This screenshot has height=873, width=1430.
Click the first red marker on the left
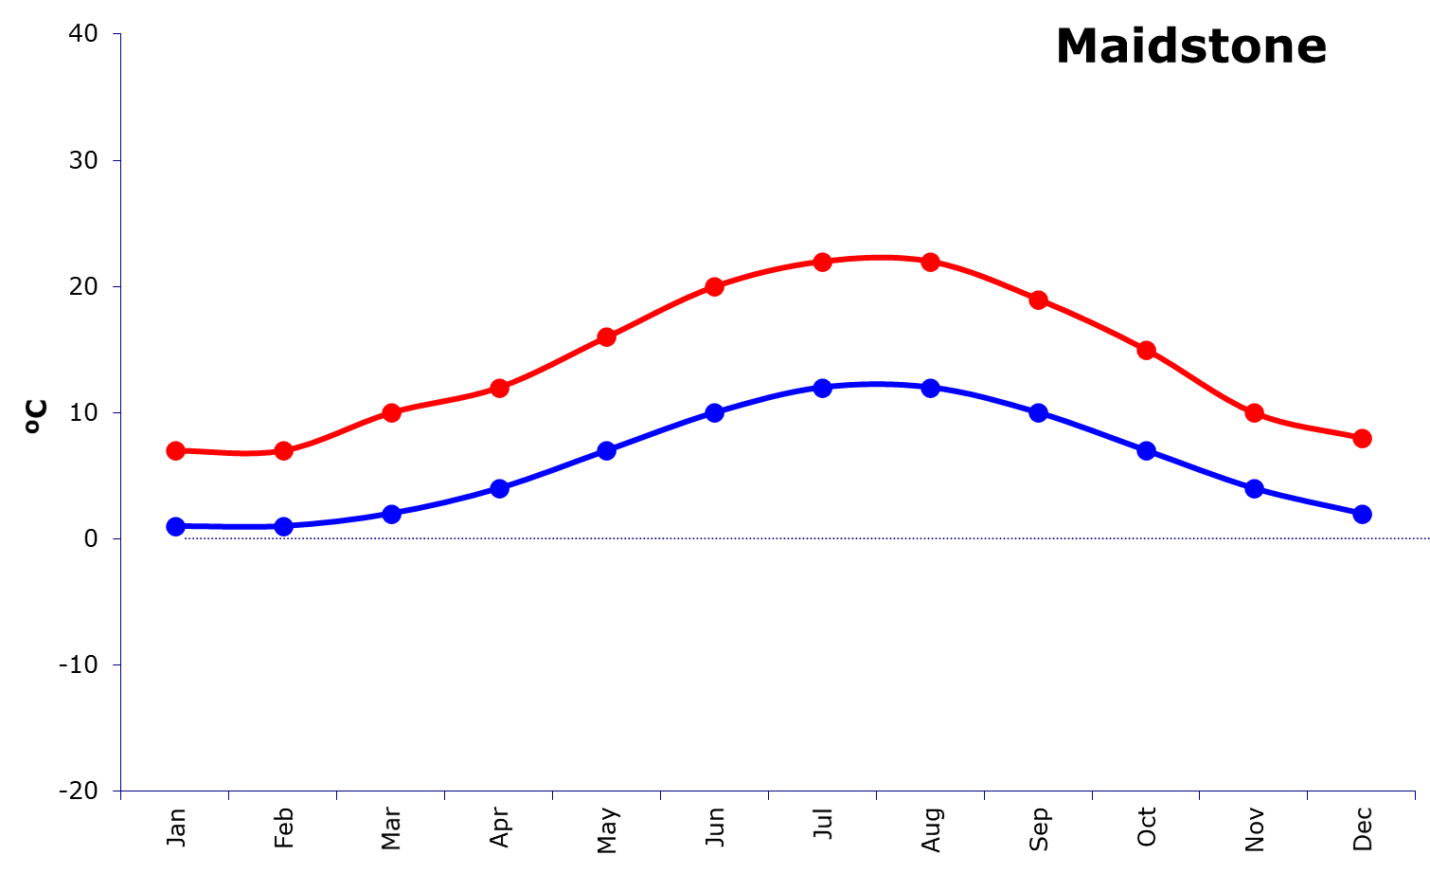175,450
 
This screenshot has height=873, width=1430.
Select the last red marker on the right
1362,438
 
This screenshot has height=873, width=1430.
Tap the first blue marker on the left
175,526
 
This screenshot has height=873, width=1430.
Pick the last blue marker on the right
1362,514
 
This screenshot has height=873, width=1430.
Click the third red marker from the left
391,412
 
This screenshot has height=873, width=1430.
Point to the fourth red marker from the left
499,388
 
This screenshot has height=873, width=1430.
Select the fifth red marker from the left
607,336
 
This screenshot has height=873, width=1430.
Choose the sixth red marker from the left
715,286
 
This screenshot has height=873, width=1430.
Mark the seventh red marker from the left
823,262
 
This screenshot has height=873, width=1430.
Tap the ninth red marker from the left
1039,300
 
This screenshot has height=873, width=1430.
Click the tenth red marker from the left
1147,350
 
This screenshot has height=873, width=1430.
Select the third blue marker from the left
391,514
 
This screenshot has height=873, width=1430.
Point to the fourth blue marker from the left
499,488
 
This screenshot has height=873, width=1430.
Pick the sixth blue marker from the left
715,412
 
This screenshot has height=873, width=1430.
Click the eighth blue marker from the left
931,388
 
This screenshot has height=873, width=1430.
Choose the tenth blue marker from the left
1147,450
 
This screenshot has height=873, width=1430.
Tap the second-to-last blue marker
1255,488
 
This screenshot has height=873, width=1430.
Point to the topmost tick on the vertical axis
116,35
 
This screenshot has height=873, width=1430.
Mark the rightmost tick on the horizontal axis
1415,795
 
